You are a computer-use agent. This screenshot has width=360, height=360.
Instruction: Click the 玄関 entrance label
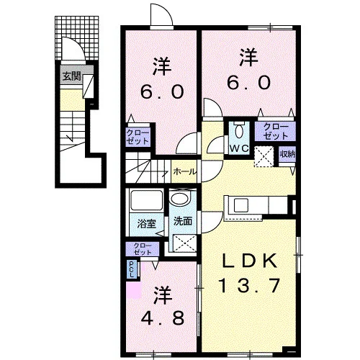[x=71, y=76]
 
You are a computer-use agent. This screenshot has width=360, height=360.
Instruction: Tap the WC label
[x=239, y=148]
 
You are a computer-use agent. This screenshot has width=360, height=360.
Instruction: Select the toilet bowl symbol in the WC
[x=239, y=131]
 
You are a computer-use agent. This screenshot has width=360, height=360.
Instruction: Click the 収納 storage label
[x=287, y=154]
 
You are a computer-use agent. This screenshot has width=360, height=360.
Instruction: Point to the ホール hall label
[x=184, y=171]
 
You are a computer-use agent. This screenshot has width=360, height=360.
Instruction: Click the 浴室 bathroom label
[x=147, y=223]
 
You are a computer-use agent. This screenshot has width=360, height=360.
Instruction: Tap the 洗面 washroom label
[x=183, y=221]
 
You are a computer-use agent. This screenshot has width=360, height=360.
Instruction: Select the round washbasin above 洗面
[x=180, y=199]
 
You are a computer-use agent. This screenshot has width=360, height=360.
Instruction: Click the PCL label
[x=132, y=269]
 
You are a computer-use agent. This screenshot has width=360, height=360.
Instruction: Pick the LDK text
[x=250, y=261]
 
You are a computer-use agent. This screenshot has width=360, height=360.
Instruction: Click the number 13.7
[x=250, y=285]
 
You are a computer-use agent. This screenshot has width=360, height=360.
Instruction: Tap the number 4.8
[x=163, y=318]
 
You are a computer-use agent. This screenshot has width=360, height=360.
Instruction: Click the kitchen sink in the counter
[x=241, y=204]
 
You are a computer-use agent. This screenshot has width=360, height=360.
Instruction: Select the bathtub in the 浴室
[x=146, y=199]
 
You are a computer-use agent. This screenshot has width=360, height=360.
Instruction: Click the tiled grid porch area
[x=77, y=37]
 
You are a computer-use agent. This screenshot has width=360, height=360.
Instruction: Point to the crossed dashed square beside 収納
[x=264, y=156]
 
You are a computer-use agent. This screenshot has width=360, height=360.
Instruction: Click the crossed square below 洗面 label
[x=184, y=243]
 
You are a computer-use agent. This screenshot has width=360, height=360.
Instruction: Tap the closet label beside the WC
[x=275, y=132]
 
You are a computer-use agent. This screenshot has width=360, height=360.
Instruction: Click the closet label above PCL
[x=143, y=248]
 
